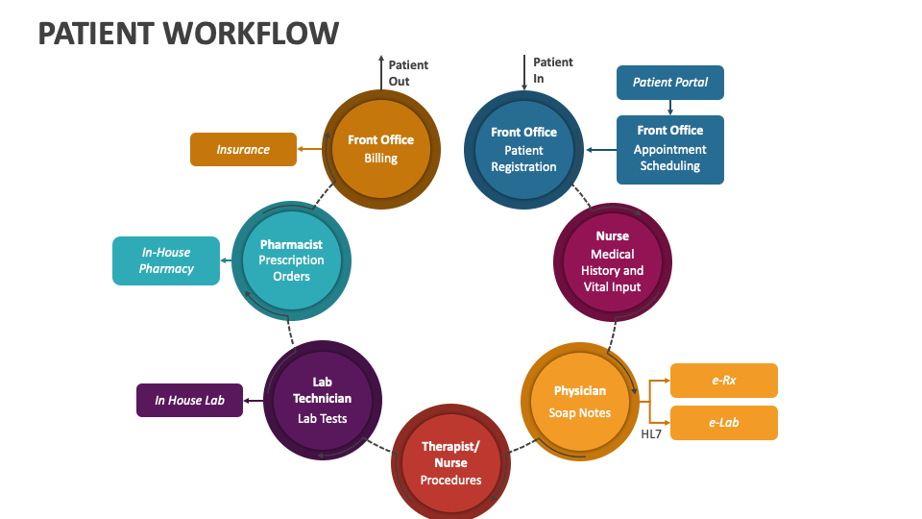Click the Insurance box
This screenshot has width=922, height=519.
(x=243, y=149)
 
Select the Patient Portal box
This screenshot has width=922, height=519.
(x=669, y=83)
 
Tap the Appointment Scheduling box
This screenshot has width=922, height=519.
(x=669, y=149)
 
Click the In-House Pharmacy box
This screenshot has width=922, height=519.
(x=165, y=260)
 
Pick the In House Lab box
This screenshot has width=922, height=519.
(x=189, y=400)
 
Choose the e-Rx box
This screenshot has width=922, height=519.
(x=723, y=381)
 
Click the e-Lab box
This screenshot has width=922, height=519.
(x=723, y=423)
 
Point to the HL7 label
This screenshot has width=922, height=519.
(x=651, y=434)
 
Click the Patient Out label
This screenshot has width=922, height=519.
(x=407, y=73)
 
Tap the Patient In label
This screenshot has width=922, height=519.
(x=552, y=70)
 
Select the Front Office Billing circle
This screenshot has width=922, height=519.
(x=381, y=149)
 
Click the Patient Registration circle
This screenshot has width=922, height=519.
(x=523, y=149)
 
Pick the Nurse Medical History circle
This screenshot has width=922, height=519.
(x=613, y=261)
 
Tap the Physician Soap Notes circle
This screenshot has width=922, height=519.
(x=580, y=402)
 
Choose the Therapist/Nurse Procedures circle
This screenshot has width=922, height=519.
(x=450, y=463)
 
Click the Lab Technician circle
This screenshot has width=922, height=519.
(x=322, y=400)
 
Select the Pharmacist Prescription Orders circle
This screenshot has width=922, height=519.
(x=291, y=260)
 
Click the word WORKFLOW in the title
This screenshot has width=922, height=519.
(x=252, y=33)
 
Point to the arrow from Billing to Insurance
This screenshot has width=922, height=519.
(x=308, y=149)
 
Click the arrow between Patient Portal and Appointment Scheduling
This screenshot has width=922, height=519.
(x=669, y=108)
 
